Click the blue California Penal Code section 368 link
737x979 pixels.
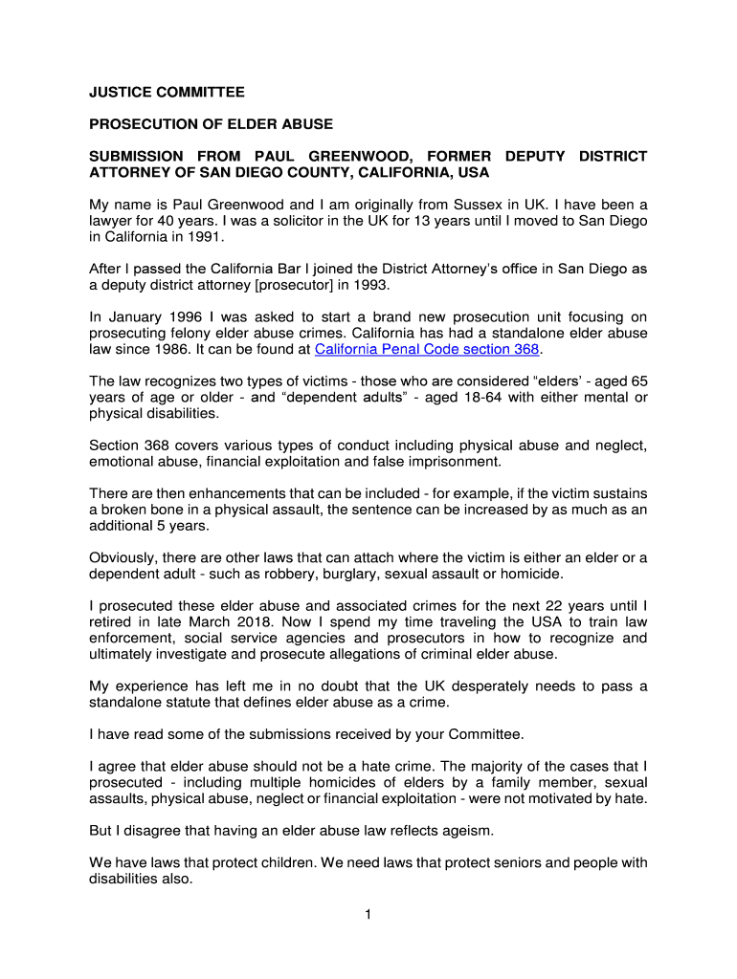tap(427, 350)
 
